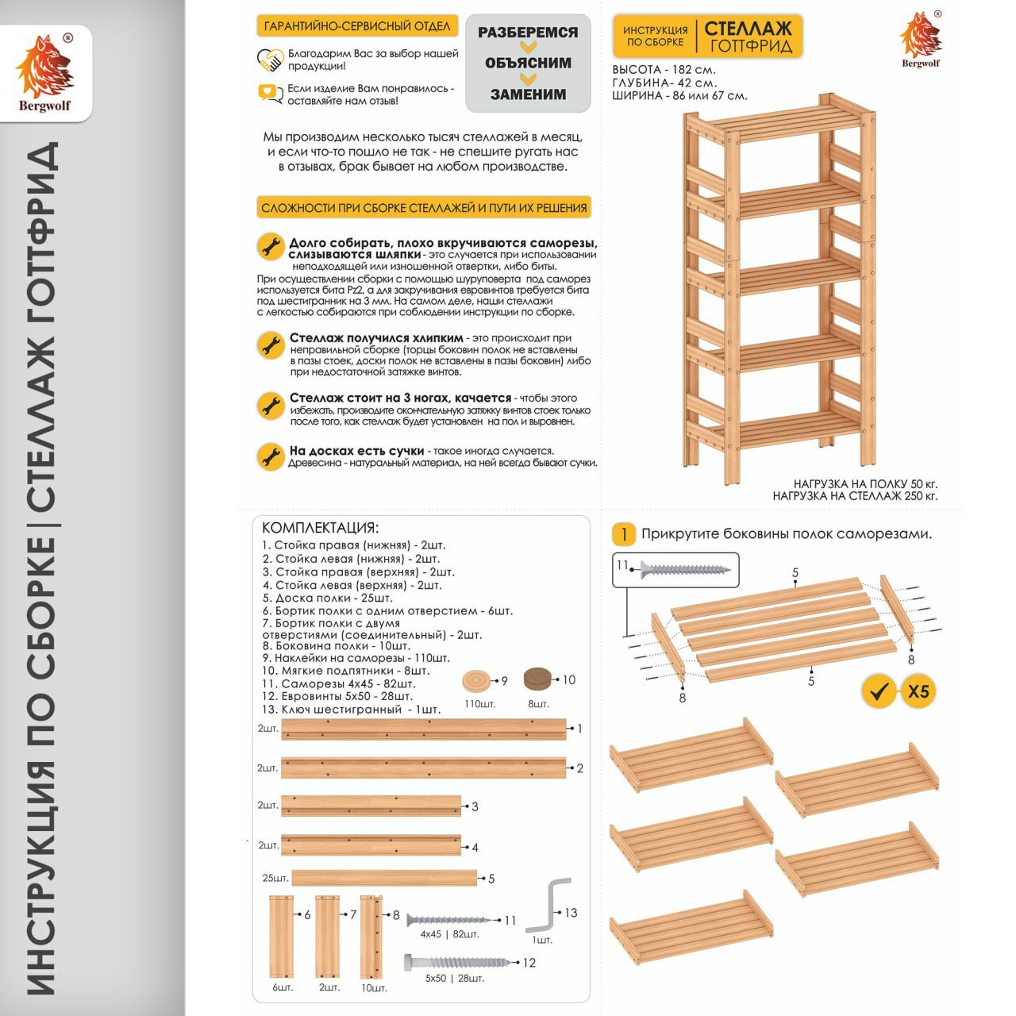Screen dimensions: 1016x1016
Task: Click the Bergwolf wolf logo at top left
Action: point(44,67)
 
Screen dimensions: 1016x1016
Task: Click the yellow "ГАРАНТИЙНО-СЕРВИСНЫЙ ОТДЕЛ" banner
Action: point(357,26)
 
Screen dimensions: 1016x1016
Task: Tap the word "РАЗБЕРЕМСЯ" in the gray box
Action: point(528,33)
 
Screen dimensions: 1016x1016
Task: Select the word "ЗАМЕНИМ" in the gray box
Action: point(528,94)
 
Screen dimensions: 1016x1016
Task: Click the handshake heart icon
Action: point(270,60)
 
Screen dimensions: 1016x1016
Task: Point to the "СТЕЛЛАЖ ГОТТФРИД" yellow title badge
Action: point(748,37)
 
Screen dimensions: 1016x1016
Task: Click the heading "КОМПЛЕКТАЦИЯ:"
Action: point(320,528)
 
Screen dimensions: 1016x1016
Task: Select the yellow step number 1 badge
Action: point(624,534)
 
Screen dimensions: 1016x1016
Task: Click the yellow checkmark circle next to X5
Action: point(879,691)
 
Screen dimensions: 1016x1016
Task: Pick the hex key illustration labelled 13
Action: point(548,905)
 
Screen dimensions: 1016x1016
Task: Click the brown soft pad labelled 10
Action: point(539,679)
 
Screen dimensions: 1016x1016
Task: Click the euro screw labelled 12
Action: point(456,962)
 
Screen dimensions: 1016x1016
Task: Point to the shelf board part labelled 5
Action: point(384,878)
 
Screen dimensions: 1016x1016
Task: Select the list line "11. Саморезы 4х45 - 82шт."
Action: point(338,683)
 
